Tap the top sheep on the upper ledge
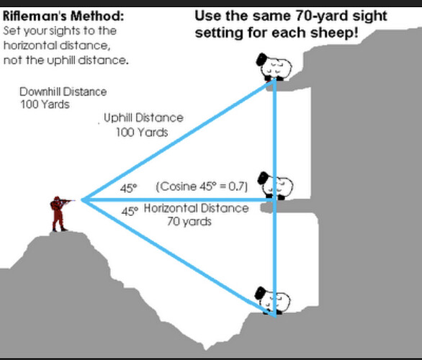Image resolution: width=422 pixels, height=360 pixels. (x=274, y=67)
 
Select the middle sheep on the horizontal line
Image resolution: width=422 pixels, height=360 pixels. (x=275, y=186)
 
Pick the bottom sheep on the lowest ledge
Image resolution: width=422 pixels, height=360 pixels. (x=273, y=300)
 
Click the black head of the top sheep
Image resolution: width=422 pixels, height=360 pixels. (x=261, y=59)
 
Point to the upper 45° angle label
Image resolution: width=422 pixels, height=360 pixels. (x=128, y=188)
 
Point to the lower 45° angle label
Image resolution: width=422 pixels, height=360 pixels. (x=130, y=211)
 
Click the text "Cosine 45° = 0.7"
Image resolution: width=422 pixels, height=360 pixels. (x=202, y=186)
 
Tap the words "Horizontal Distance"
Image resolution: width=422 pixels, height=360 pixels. (x=196, y=208)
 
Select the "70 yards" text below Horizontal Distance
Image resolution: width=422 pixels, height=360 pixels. (x=189, y=222)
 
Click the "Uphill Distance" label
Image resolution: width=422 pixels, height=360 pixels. (x=143, y=118)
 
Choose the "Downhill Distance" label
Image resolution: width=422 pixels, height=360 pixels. (x=63, y=91)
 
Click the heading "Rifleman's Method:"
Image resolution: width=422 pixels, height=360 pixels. (x=63, y=16)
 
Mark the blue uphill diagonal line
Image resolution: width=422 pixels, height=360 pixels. (x=178, y=140)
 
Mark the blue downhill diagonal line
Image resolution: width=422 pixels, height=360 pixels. (x=178, y=258)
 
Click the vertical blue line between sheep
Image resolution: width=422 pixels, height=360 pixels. (x=274, y=198)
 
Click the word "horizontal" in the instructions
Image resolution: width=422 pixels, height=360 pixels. (x=30, y=45)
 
